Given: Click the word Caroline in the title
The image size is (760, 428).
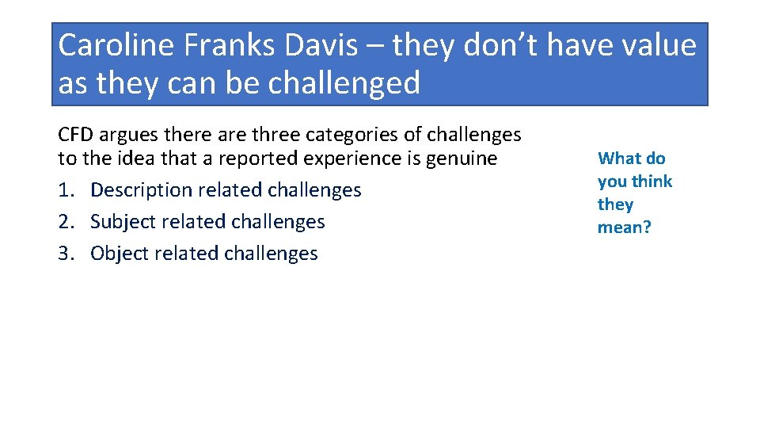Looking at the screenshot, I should [x=116, y=45].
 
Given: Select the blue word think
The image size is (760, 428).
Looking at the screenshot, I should [x=652, y=182].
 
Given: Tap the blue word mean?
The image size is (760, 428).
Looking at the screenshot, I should [x=624, y=227].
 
